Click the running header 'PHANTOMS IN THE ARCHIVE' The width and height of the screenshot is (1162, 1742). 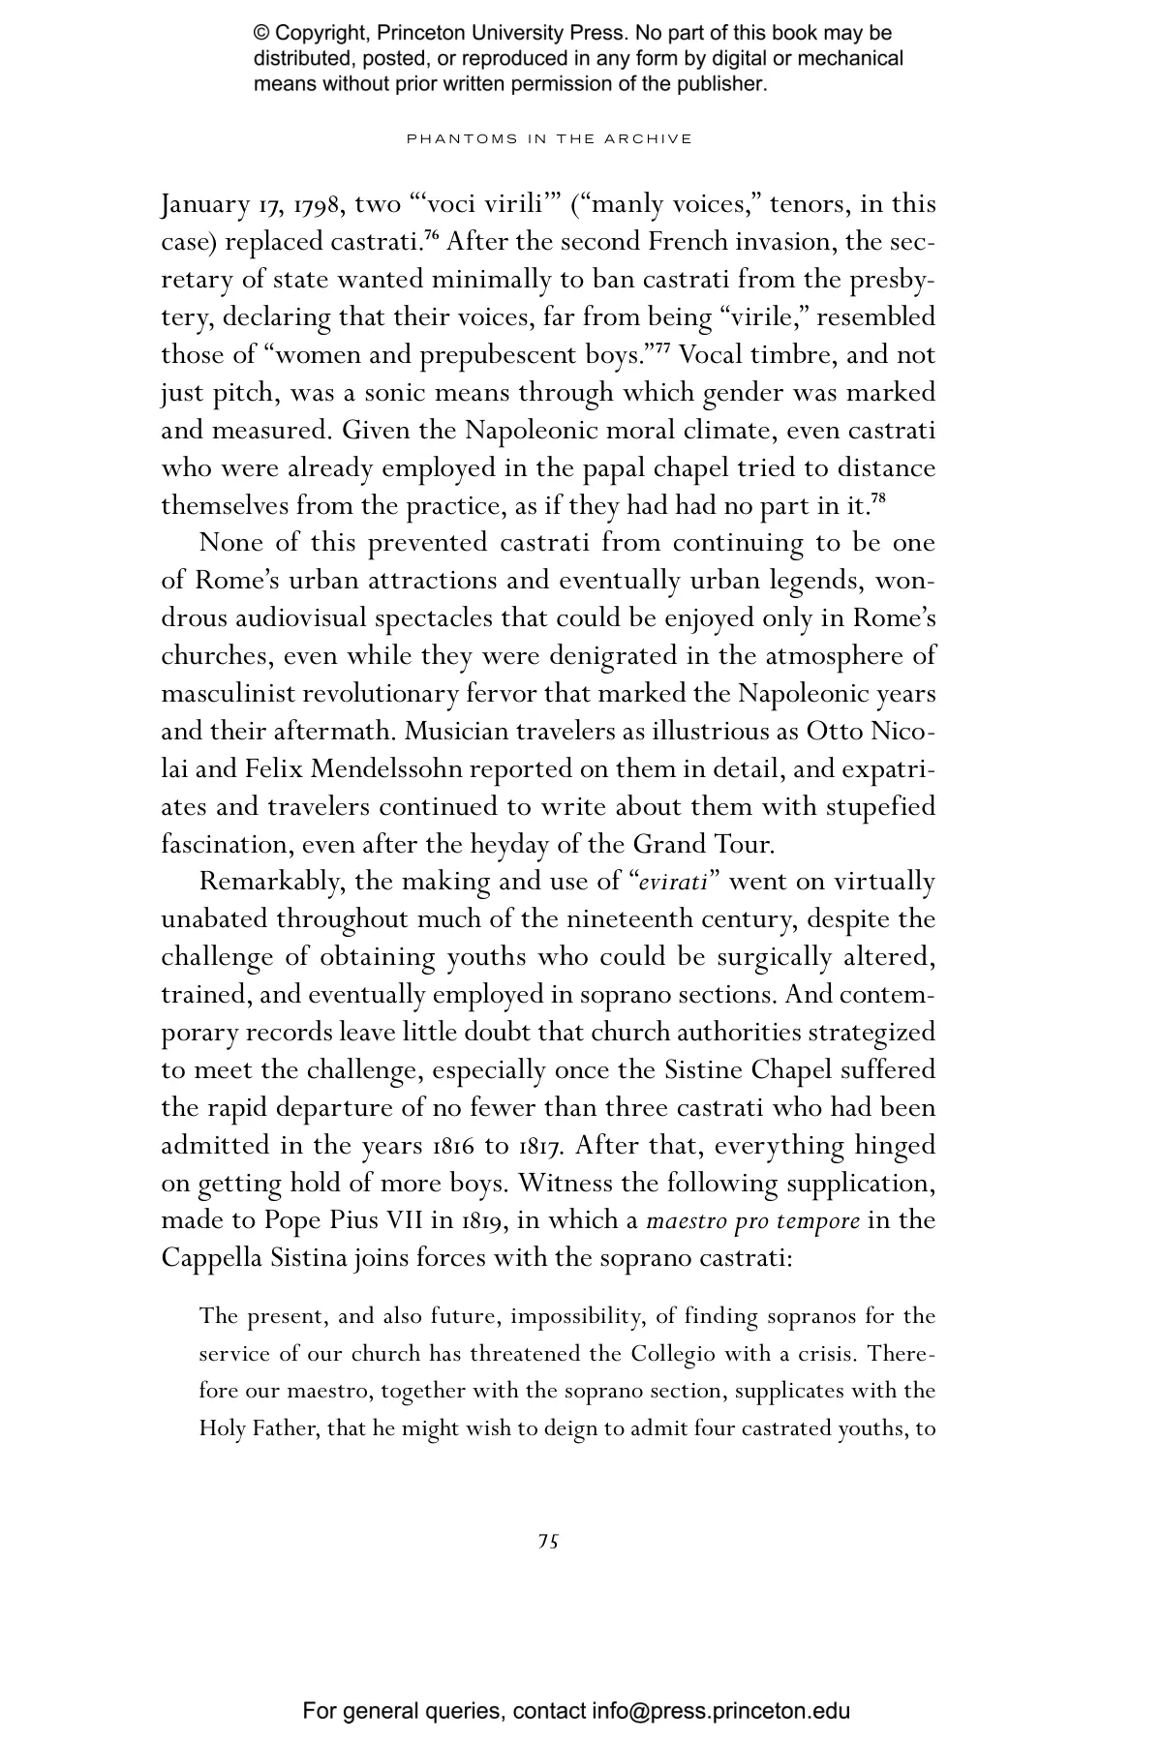[549, 138]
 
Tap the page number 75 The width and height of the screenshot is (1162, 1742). [548, 1541]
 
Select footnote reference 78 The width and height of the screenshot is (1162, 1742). [878, 499]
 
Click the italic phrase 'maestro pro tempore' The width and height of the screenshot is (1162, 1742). [752, 1221]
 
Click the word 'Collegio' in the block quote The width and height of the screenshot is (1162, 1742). [673, 1354]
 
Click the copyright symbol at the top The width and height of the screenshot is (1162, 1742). [261, 34]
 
